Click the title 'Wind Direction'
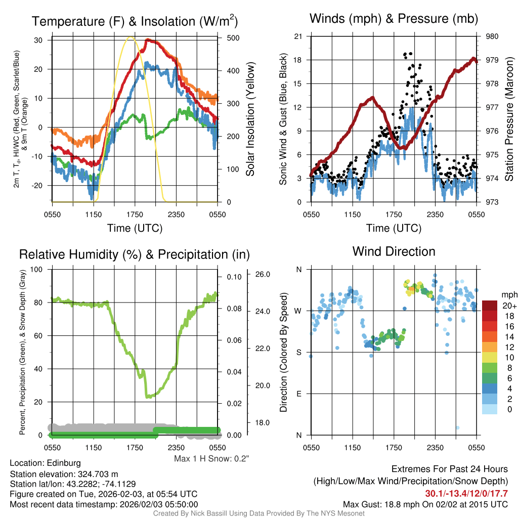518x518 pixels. point(394,251)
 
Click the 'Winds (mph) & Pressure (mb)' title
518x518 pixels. point(394,19)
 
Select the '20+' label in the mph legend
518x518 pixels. point(509,306)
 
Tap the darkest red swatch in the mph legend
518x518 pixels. point(490,306)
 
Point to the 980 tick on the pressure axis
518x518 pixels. point(493,36)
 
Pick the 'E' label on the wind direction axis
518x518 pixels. point(298,394)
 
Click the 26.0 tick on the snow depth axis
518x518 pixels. point(262,274)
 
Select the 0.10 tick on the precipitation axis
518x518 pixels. point(234,277)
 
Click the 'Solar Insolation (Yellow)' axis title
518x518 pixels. point(250,119)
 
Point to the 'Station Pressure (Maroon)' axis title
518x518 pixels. point(509,119)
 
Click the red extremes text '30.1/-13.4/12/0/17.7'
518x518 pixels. point(466,493)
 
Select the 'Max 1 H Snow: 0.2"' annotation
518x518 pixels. point(211,458)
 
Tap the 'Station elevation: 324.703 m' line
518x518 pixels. point(64,474)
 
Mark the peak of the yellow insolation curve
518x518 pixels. point(131,37)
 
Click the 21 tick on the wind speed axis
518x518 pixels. point(298,36)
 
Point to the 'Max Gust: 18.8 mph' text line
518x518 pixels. point(425,504)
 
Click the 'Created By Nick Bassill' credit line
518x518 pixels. point(259,513)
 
